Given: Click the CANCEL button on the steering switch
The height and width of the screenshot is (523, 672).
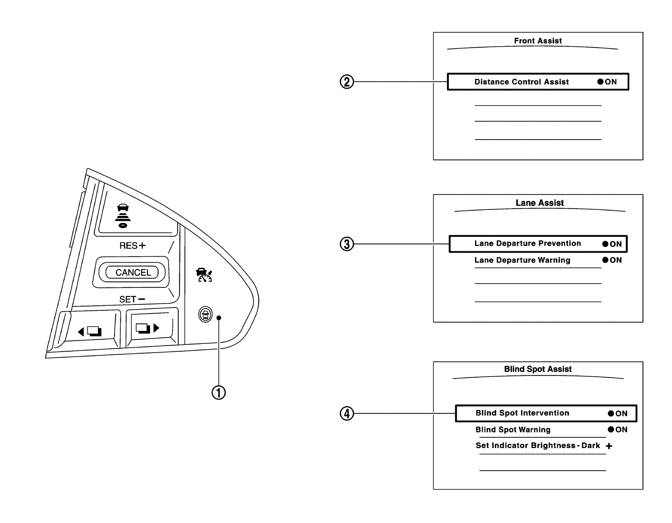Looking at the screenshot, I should (x=132, y=272).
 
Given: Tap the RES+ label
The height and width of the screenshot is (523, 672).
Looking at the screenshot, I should (x=132, y=246).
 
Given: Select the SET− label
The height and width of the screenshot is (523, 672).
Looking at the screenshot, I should (x=132, y=299).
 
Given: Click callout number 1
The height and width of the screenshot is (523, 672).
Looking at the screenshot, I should (x=218, y=393).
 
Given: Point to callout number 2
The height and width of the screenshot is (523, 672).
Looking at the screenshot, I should (x=346, y=82).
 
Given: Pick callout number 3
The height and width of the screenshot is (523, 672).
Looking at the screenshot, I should (x=346, y=244).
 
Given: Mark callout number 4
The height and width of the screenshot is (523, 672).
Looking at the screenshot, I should (x=346, y=413).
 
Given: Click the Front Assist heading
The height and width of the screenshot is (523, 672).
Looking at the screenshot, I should (x=538, y=41).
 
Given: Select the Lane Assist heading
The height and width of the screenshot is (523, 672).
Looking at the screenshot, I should (x=539, y=203).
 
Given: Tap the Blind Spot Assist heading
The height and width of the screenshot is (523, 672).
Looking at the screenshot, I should (x=538, y=369).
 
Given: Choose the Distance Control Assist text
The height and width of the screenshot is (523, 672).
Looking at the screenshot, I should (x=521, y=82).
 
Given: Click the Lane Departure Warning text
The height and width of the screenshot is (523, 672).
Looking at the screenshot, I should (x=522, y=260).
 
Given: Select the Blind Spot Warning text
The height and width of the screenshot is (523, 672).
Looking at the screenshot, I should (x=513, y=430).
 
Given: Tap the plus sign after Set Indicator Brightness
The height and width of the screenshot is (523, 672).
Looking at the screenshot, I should (x=609, y=446).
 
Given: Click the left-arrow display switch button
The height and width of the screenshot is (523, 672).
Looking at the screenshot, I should (x=90, y=331).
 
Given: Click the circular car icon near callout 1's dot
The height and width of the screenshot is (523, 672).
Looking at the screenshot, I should (x=205, y=314).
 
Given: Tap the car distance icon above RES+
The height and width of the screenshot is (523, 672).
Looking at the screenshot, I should (x=123, y=216).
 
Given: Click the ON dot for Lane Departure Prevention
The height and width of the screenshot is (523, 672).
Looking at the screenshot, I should (x=605, y=244).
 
